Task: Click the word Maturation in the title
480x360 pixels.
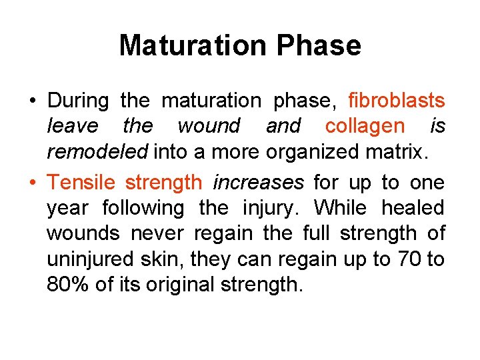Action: (193, 45)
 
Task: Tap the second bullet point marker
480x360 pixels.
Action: (33, 182)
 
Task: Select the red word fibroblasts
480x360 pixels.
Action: (397, 101)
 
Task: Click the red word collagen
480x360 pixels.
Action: (365, 125)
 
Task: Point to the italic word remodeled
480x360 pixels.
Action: (97, 151)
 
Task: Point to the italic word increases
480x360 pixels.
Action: (258, 181)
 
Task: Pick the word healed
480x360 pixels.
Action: (413, 207)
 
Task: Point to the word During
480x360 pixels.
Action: (78, 101)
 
